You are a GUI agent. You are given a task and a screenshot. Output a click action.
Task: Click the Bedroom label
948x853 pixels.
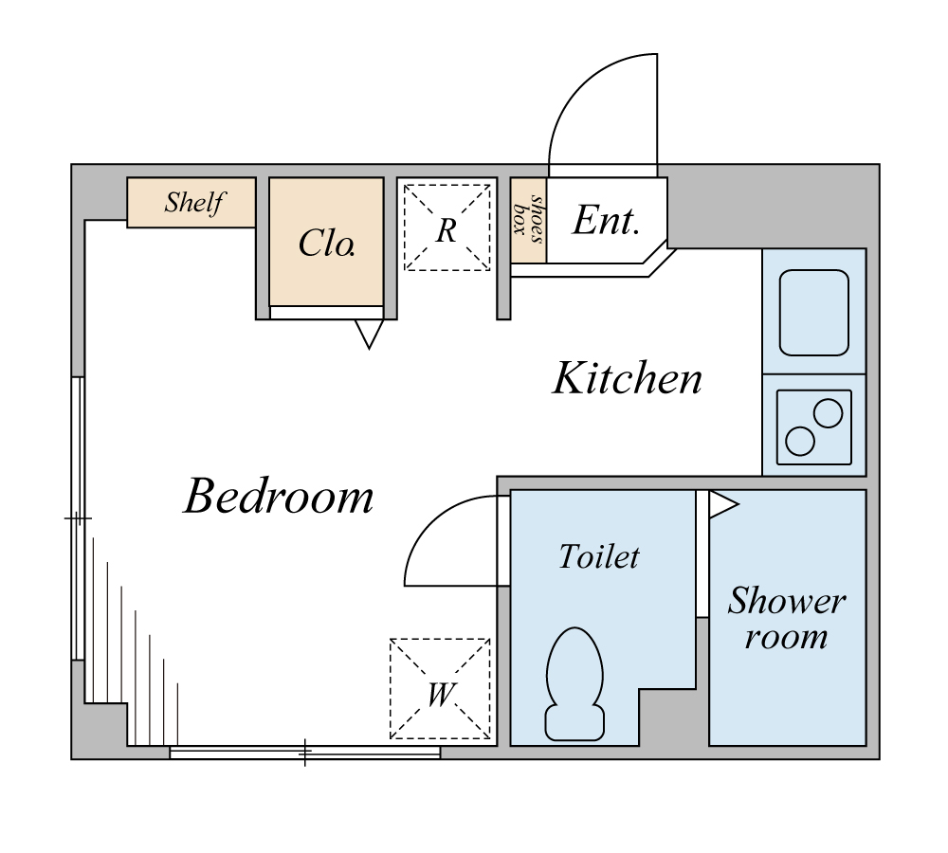pos(279,497)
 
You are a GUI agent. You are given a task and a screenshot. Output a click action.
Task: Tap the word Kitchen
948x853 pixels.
pos(628,378)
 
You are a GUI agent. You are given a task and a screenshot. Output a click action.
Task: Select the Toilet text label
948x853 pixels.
pos(599,556)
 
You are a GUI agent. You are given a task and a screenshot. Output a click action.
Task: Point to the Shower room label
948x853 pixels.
pos(787,618)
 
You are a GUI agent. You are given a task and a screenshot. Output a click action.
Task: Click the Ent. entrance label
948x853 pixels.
pos(606,220)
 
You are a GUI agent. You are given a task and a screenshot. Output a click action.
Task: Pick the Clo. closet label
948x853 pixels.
pos(326,243)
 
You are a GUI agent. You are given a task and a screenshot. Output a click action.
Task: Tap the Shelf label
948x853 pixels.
pos(194,202)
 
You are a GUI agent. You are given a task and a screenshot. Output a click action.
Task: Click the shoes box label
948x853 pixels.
pos(528,219)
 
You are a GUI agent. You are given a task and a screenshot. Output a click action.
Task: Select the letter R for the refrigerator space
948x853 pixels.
pos(447,230)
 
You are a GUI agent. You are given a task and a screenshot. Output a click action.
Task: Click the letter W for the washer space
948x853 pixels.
pos(440,695)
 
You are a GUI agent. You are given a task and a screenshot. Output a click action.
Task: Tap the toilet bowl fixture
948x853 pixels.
pos(574,683)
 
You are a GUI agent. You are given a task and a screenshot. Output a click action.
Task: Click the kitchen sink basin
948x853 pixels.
pos(813,313)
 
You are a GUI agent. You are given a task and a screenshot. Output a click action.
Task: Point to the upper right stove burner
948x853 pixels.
pos(828,414)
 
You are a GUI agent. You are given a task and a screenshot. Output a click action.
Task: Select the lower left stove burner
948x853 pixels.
pos(800,442)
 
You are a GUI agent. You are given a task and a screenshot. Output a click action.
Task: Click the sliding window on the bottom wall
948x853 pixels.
pos(304,753)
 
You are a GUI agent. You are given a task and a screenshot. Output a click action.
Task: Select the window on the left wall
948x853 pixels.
pos(78,518)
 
